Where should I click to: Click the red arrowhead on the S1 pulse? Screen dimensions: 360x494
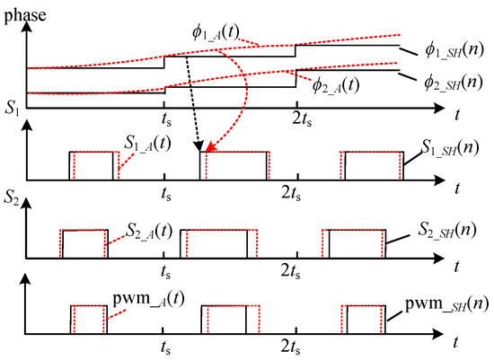pyautogui.click(x=207, y=147)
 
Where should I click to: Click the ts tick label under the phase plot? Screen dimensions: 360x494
pyautogui.click(x=165, y=116)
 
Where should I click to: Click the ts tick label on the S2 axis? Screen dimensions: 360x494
pyautogui.click(x=165, y=270)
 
